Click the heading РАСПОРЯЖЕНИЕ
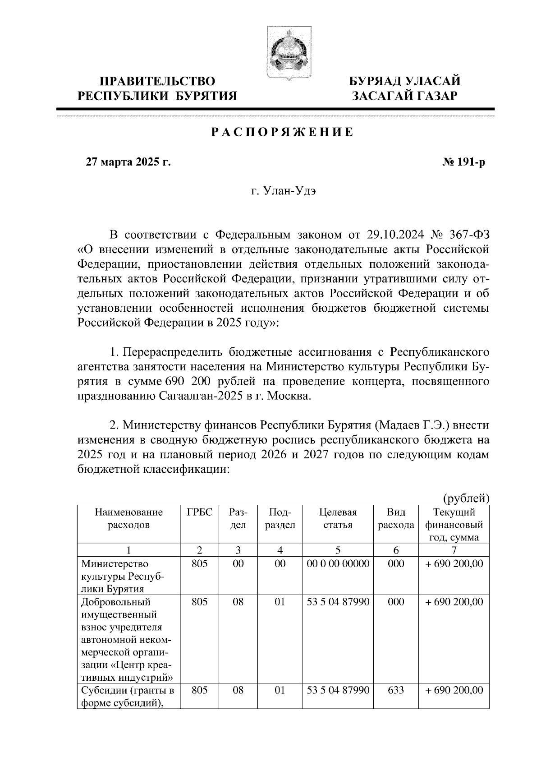pyautogui.click(x=282, y=133)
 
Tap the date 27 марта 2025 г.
pyautogui.click(x=128, y=162)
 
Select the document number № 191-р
pyautogui.click(x=463, y=162)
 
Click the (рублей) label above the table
pyautogui.click(x=466, y=498)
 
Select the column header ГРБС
pyautogui.click(x=199, y=512)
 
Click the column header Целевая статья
pyautogui.click(x=338, y=519)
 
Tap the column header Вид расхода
pyautogui.click(x=396, y=519)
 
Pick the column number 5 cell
pyautogui.click(x=338, y=550)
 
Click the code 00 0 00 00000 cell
pyautogui.click(x=338, y=563)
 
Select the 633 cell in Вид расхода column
pyautogui.click(x=396, y=690)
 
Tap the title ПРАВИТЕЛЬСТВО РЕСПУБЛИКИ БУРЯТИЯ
pyautogui.click(x=157, y=88)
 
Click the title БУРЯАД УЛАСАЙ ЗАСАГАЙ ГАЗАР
pyautogui.click(x=405, y=88)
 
